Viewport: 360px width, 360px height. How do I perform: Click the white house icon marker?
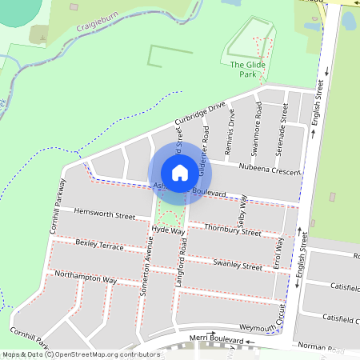click(180, 172)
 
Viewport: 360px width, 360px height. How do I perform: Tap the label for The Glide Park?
click(248, 70)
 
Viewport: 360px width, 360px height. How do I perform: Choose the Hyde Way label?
click(167, 230)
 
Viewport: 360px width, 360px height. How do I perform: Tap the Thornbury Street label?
click(232, 230)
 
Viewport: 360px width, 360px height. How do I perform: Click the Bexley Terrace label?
click(99, 245)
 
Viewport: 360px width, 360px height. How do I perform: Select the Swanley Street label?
click(238, 264)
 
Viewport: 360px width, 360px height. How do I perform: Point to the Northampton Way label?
click(86, 278)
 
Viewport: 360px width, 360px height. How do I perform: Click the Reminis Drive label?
click(231, 127)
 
